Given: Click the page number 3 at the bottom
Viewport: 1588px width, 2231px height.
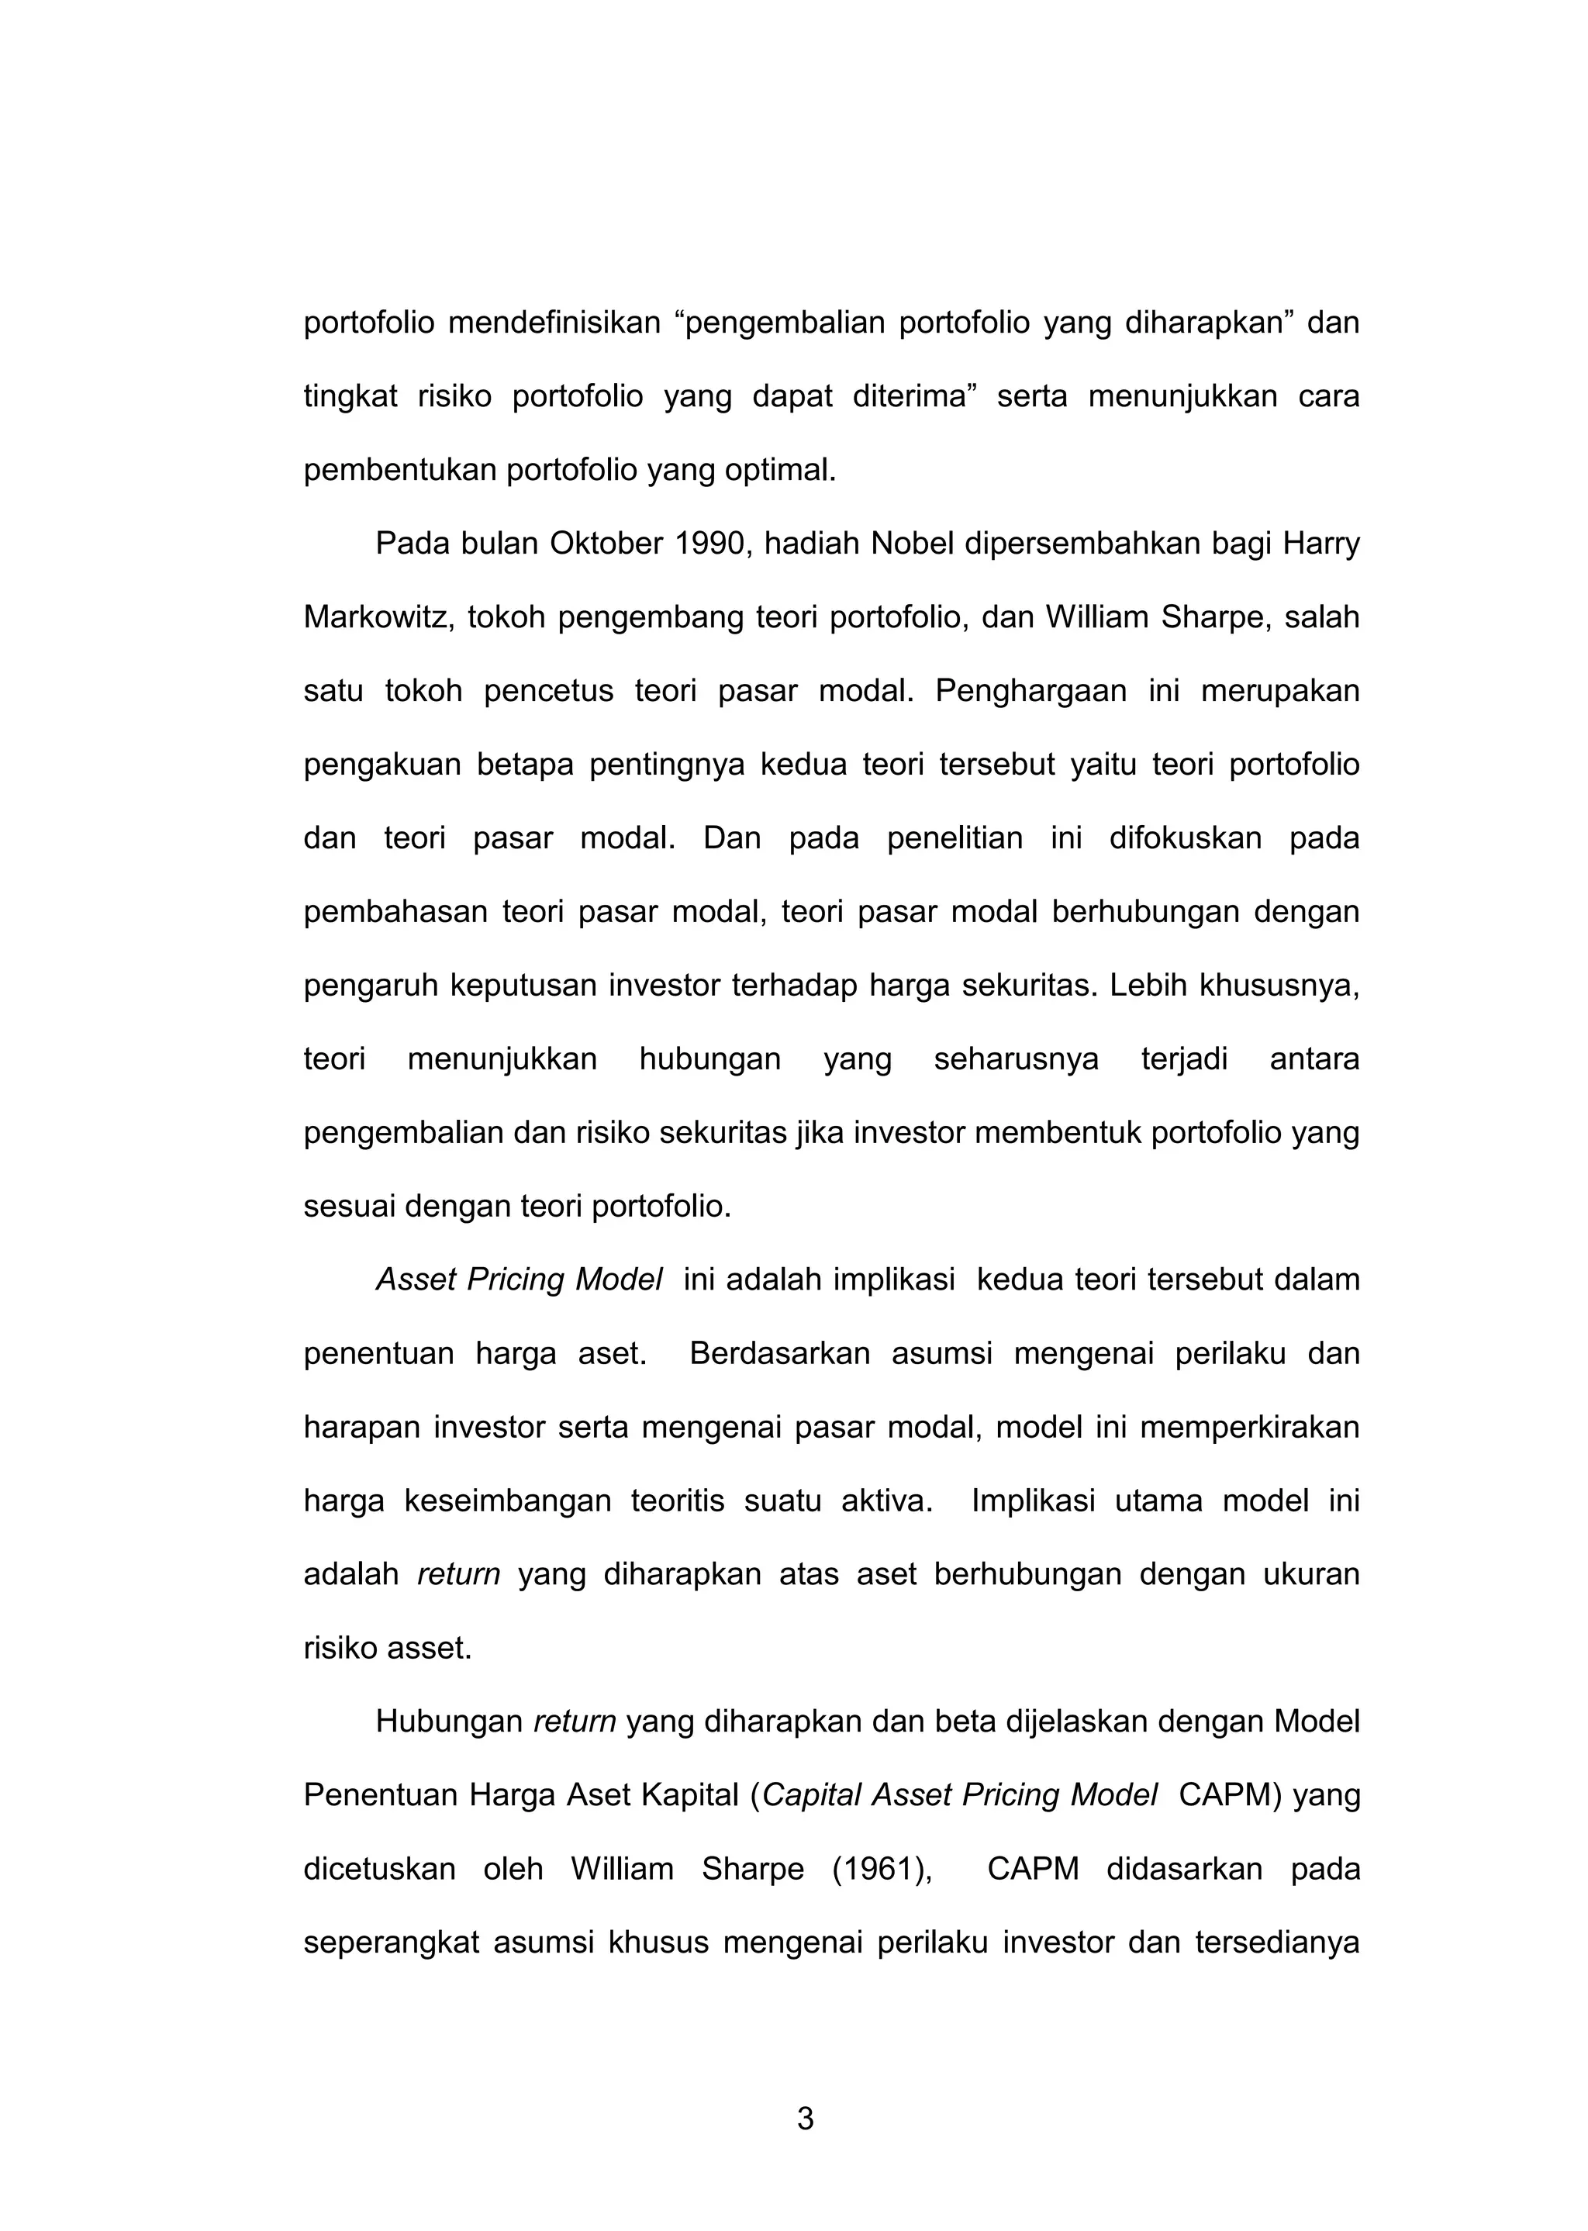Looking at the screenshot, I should [x=805, y=2119].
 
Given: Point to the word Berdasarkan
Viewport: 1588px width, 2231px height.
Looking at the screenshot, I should [x=779, y=1354].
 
